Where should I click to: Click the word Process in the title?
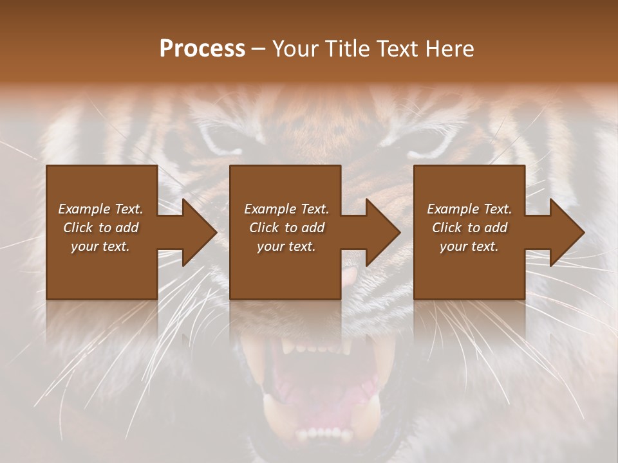[x=202, y=49]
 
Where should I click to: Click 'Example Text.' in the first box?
[x=100, y=209]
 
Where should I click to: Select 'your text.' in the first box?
[x=100, y=246]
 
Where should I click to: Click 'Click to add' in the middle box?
[x=286, y=228]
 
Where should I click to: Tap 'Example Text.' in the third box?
[x=469, y=209]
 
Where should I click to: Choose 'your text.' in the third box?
[x=469, y=246]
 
